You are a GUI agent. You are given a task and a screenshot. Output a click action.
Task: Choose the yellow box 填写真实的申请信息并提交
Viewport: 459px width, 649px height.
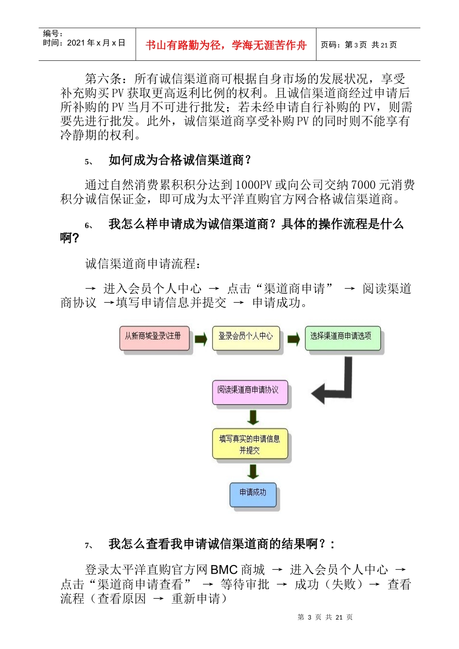pos(250,443)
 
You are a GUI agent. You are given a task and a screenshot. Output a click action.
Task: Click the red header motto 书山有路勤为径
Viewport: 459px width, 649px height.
pos(226,45)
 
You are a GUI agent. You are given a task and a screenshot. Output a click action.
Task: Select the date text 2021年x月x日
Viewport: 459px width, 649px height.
pos(96,43)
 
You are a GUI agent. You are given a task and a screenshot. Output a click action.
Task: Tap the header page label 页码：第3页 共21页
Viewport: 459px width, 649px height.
pos(359,45)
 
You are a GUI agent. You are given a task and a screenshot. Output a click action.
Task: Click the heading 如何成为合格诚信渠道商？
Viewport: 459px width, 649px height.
pos(180,160)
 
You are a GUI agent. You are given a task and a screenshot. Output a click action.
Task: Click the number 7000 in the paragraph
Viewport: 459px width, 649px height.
pos(363,185)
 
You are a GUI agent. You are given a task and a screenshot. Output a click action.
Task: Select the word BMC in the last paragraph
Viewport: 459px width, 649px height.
pos(224,570)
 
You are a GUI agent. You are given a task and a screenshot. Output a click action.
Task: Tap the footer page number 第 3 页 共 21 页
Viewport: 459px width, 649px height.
pos(325,617)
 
